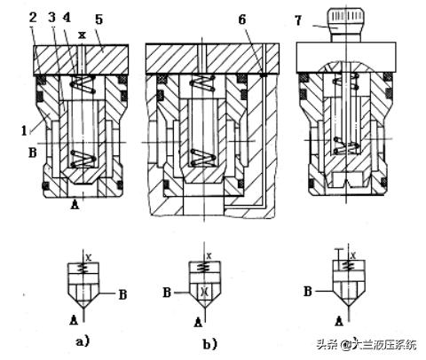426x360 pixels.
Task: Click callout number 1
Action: click(24, 130)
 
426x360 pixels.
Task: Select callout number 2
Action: click(33, 18)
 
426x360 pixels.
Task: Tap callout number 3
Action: click(52, 18)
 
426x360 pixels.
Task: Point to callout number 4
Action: click(67, 18)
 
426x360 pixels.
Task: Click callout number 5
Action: click(99, 20)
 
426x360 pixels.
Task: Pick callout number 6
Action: click(242, 20)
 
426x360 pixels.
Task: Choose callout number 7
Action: click(298, 20)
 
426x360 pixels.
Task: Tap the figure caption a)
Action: click(83, 342)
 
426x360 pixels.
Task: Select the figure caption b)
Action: click(209, 344)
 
